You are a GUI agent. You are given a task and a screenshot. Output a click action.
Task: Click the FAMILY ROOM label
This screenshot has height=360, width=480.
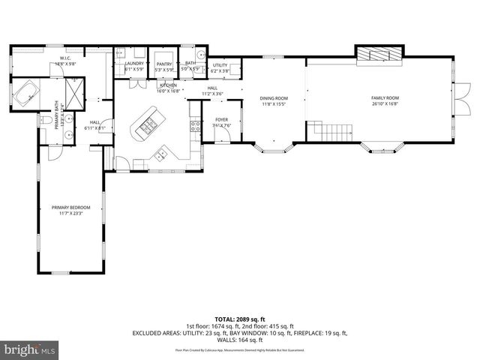[x=385, y=98]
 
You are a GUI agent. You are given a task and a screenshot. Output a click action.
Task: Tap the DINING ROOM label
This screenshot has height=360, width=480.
[x=274, y=98]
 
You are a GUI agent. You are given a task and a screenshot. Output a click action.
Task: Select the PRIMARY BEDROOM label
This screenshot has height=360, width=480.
[x=70, y=207]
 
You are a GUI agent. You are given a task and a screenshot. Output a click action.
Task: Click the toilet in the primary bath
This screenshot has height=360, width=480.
[x=46, y=120]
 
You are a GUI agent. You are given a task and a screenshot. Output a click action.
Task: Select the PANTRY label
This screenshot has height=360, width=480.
[x=164, y=64]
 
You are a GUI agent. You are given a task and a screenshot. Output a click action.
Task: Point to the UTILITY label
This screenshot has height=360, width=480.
[x=220, y=65]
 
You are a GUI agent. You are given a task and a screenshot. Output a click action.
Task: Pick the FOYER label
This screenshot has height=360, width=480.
[x=221, y=119]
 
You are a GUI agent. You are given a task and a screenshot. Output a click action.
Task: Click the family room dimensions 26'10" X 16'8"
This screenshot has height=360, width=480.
[x=385, y=105]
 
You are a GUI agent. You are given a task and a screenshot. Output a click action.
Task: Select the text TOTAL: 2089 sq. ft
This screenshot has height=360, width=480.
[x=240, y=319]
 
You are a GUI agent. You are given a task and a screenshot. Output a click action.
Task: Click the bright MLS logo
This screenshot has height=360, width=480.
[x=29, y=349]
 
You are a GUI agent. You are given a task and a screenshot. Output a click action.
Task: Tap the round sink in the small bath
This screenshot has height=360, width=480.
[x=200, y=55]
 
